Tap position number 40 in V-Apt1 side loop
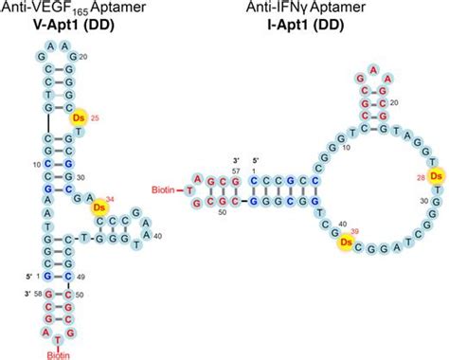coord(157,236)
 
